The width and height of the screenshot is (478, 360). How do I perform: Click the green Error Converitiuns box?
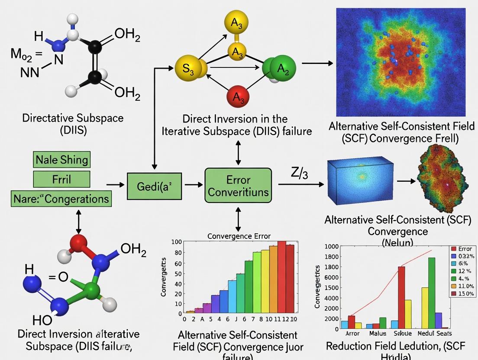(238, 185)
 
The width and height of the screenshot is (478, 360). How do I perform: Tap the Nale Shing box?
(61, 160)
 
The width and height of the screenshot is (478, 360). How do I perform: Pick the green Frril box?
(61, 179)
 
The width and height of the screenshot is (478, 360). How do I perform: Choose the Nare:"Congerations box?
(61, 199)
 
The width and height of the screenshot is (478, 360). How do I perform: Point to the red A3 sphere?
(237, 97)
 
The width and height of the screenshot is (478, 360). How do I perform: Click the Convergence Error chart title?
(239, 236)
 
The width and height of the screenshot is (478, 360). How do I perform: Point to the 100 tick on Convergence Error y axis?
(177, 242)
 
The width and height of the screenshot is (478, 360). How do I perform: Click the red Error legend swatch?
(454, 249)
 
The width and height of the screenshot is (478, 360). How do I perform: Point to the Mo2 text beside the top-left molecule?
(21, 55)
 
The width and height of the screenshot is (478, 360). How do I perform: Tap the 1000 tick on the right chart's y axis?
(331, 247)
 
